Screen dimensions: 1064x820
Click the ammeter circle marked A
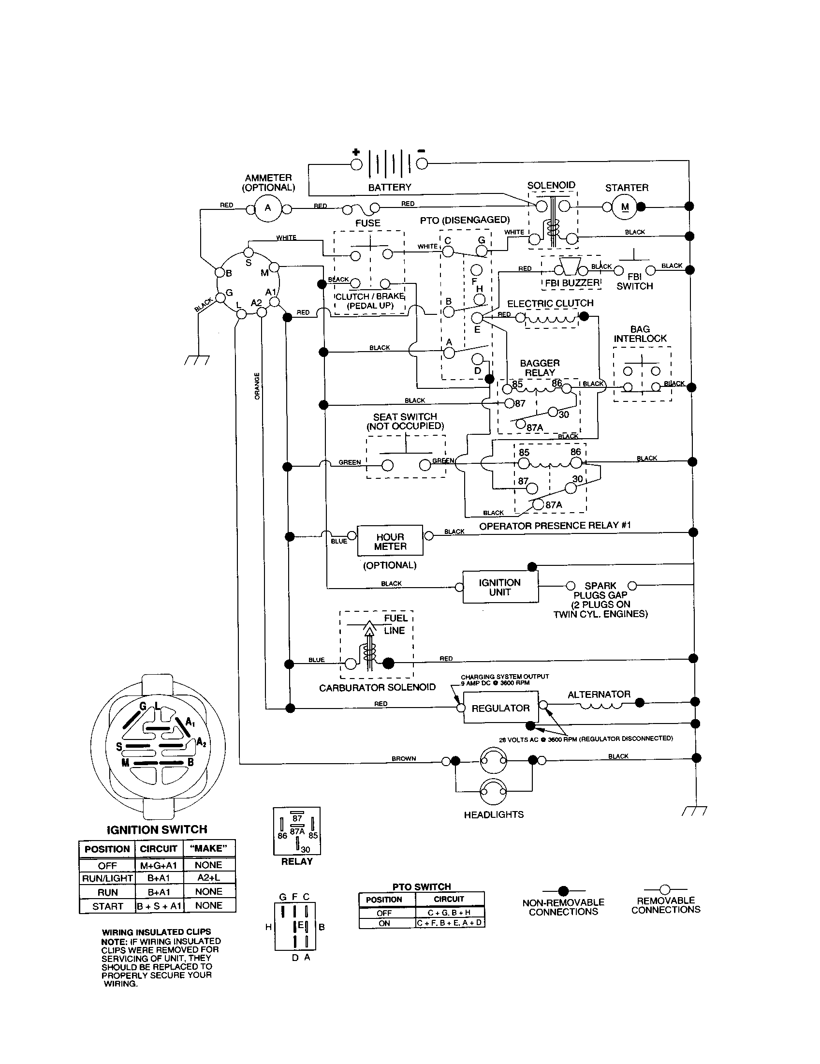click(268, 208)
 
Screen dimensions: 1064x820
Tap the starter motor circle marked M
click(625, 207)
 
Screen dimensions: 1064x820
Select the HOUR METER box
click(390, 541)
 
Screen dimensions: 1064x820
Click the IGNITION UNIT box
click(500, 587)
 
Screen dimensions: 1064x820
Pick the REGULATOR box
click(500, 709)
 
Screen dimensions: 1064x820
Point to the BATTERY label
click(390, 187)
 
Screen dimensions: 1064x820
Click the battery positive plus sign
click(356, 151)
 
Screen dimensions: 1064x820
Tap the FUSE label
click(367, 223)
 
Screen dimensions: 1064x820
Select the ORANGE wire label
click(257, 386)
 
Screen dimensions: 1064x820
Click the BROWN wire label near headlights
click(404, 758)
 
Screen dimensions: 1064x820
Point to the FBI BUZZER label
click(572, 282)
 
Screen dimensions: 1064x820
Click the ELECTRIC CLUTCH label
click(550, 303)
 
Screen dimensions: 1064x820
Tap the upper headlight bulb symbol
click(493, 760)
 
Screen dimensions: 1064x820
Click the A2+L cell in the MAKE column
click(208, 877)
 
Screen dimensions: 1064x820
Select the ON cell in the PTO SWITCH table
click(384, 923)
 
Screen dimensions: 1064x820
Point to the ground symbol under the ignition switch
click(197, 360)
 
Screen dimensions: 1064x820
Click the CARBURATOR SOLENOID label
click(377, 687)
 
